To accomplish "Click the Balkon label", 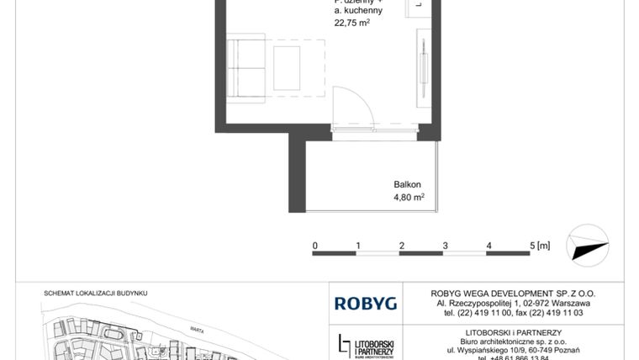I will click(x=407, y=184).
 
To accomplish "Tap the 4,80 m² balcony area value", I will click(x=409, y=198).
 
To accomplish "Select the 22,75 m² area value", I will click(x=352, y=24).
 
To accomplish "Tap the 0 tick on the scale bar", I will click(x=314, y=246).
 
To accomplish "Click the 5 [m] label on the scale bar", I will click(x=540, y=246).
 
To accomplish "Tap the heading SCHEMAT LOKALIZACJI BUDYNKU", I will click(x=95, y=293).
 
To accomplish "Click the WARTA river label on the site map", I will click(x=199, y=330).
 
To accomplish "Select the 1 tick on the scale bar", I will click(x=358, y=246).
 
